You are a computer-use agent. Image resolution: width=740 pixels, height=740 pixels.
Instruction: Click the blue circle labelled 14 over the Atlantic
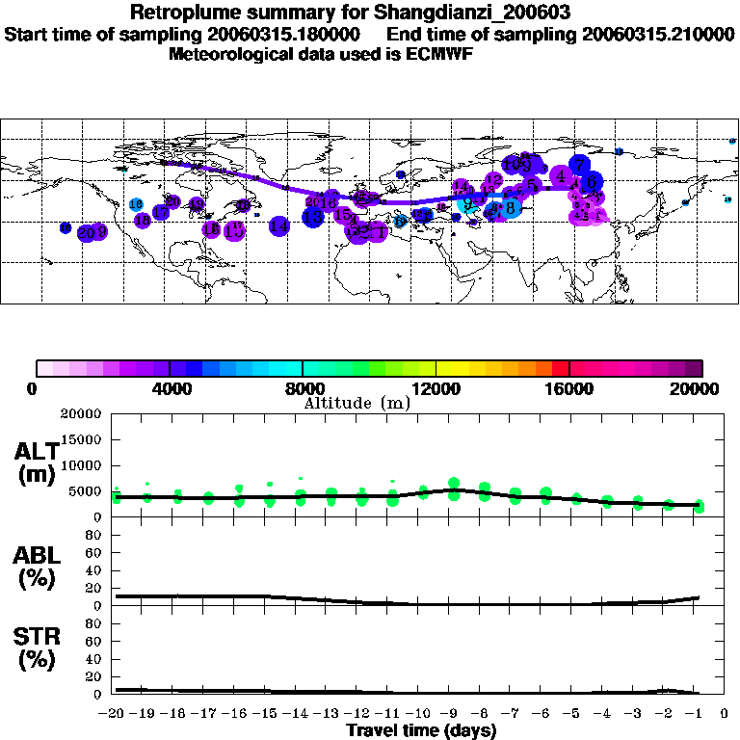point(279,226)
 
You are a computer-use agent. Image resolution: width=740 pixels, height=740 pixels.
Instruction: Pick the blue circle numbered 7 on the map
point(579,165)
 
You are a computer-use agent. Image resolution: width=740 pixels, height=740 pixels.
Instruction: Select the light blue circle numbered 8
point(510,207)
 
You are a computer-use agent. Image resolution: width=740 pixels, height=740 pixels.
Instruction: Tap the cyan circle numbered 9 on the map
point(467,204)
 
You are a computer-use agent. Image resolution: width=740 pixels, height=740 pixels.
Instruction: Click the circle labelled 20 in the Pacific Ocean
point(88,232)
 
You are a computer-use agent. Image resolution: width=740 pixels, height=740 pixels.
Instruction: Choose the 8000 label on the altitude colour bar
point(303,388)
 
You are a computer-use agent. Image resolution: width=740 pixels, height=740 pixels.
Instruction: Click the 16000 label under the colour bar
point(569,388)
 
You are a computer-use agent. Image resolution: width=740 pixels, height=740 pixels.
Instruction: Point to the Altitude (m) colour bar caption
point(357,403)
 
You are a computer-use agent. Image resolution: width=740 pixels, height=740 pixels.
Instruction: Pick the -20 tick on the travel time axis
point(116,713)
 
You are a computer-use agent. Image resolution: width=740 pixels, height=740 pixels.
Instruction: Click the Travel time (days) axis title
point(421,731)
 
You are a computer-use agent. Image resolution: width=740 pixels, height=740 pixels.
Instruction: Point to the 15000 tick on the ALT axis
point(80,439)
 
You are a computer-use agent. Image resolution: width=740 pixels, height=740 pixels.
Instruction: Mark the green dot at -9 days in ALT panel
point(454,484)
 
